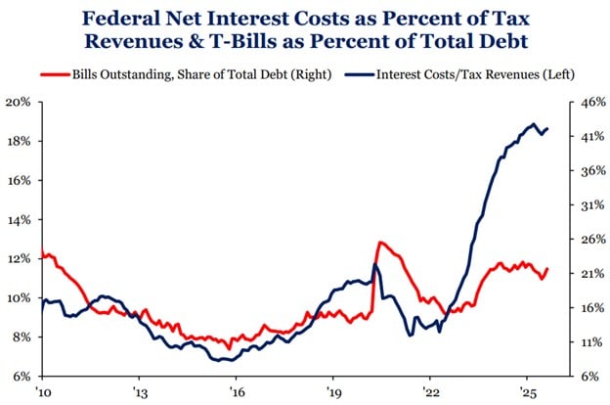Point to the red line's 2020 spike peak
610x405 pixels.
[x=379, y=242]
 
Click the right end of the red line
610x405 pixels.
[x=548, y=269]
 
